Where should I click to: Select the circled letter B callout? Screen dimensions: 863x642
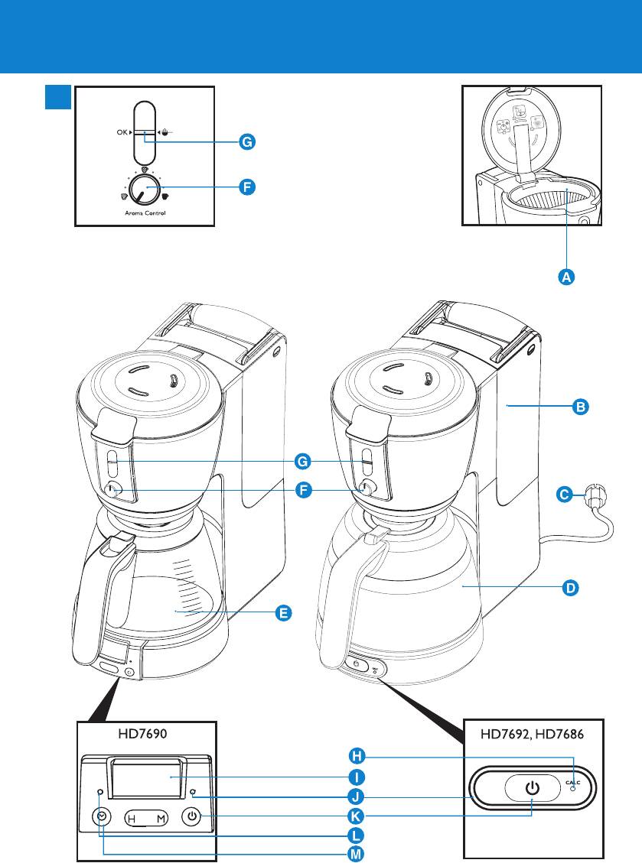coord(581,407)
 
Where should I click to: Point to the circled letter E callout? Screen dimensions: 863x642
coord(283,613)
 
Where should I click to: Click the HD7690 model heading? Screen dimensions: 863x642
coord(143,733)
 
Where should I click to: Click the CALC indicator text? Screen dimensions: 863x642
coord(574,782)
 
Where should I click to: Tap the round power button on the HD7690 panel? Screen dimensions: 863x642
coord(191,816)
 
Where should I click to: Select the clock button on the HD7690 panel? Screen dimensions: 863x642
coord(103,816)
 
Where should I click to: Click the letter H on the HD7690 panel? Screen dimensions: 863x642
coord(131,819)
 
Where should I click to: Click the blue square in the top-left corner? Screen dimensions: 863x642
coord(58,97)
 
